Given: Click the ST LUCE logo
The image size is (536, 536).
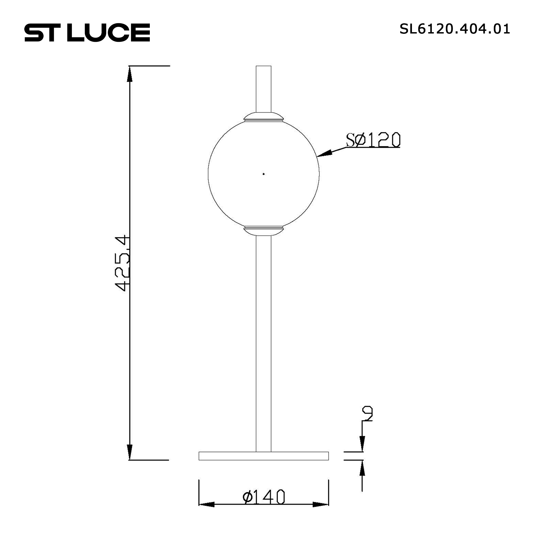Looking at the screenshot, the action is point(87,32).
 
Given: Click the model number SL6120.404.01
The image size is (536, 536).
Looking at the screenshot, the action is point(455,29).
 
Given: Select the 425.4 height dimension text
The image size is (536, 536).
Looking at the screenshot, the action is point(122,263).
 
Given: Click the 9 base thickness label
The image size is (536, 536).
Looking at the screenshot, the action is point(368,421).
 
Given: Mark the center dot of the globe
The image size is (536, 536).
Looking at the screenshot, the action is point(263,174).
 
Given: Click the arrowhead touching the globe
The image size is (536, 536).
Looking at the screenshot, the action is point(324,154).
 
